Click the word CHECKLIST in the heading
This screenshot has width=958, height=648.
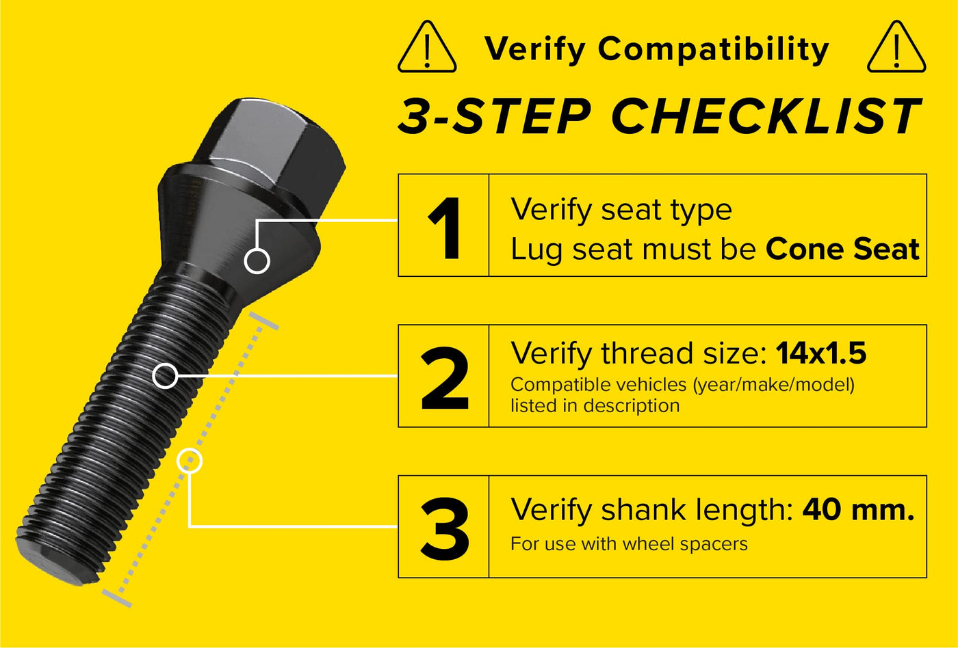coord(766,116)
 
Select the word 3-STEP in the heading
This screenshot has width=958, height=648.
coord(494,116)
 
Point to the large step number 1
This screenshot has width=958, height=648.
coord(445,228)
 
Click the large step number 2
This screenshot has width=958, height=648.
coord(445,378)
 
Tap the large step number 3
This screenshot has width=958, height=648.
coord(445,529)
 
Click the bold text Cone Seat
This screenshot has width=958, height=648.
coord(842,249)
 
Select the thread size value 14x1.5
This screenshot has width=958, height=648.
coord(821,353)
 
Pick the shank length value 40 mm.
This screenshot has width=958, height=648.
coord(858,510)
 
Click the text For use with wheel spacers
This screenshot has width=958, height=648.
coord(629,544)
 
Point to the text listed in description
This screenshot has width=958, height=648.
coord(595,405)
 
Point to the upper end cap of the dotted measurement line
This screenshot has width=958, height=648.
coord(264,321)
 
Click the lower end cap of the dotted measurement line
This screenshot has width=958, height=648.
coord(117,598)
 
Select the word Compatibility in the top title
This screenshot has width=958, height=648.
coord(713,50)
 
